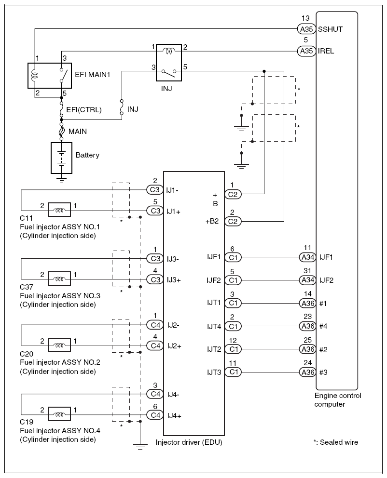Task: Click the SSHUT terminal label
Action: coord(331,29)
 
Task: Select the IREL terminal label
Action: coord(326,51)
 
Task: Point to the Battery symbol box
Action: coord(61,158)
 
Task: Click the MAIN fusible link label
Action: coord(78,131)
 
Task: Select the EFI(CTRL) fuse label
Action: coord(83,109)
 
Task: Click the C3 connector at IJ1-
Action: coord(154,189)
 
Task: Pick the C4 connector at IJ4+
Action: coord(154,415)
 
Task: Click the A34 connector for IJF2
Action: coord(307,280)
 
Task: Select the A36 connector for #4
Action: coord(307,326)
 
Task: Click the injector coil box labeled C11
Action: coord(59,210)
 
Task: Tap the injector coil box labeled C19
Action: coord(59,414)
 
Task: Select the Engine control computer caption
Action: coord(337,400)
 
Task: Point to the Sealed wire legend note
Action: coord(336,442)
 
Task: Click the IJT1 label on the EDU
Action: coord(213,303)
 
